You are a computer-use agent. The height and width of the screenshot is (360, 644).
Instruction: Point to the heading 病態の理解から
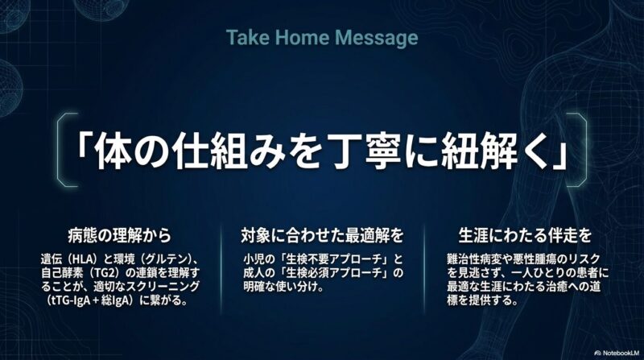click(119, 235)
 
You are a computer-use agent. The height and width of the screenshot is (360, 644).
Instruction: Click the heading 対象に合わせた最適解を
click(322, 235)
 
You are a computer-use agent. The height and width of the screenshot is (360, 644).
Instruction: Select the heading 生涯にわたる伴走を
click(525, 235)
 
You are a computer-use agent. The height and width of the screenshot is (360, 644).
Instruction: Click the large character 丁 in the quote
click(350, 150)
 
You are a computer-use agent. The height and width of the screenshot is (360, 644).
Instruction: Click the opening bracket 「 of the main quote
click(84, 148)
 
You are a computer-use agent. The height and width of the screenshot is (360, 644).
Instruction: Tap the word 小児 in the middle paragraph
click(252, 259)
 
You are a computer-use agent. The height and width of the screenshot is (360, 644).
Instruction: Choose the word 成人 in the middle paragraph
click(252, 273)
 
